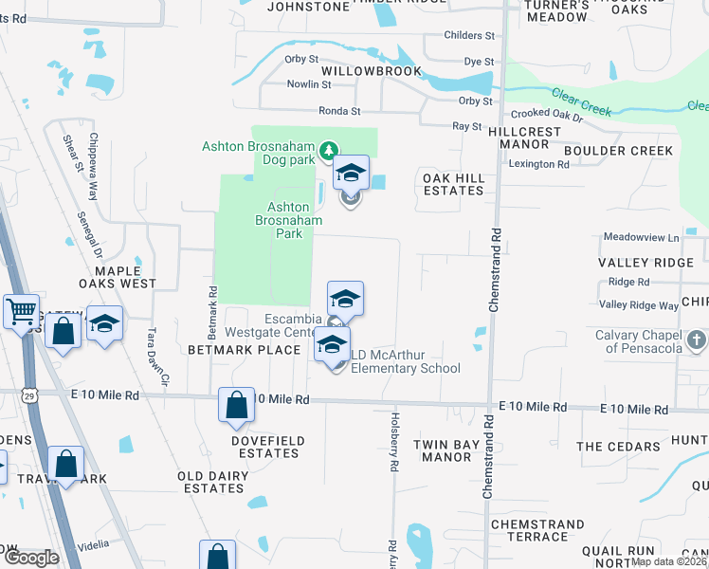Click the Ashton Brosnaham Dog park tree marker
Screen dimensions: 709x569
click(x=328, y=150)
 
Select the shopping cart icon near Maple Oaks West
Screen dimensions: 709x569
click(x=20, y=310)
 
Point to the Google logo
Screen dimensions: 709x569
click(x=31, y=558)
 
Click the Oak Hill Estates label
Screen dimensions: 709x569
click(x=453, y=184)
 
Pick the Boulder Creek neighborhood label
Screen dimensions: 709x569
click(x=618, y=151)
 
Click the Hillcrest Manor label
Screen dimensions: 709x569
click(x=519, y=138)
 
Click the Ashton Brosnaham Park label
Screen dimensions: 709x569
click(x=289, y=220)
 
